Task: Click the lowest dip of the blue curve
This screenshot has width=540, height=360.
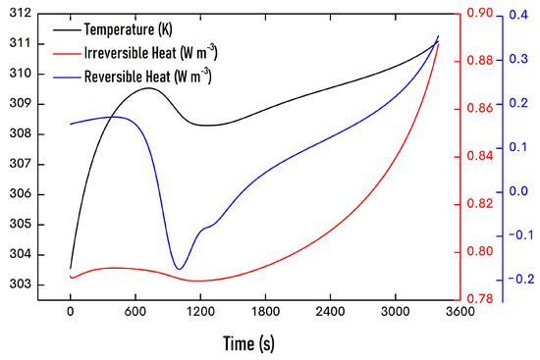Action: click(x=178, y=269)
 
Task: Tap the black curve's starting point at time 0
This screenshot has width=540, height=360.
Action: click(x=71, y=268)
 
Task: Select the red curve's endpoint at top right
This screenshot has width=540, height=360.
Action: click(x=438, y=43)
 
